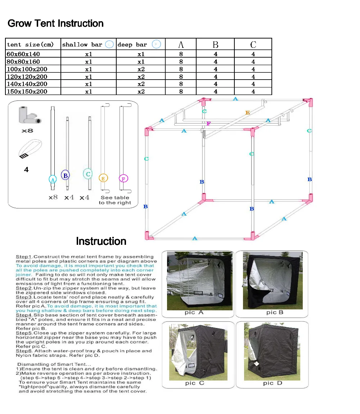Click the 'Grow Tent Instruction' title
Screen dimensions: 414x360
point(55,24)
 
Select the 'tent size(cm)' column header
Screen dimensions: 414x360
point(30,45)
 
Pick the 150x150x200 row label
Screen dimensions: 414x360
point(27,91)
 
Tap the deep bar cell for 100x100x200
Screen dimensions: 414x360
point(141,69)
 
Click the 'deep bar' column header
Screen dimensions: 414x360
point(132,45)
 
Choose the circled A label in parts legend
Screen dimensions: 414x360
point(53,179)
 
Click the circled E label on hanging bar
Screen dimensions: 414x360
point(103,177)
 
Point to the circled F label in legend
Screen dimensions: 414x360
point(123,178)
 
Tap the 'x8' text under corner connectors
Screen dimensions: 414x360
point(27,130)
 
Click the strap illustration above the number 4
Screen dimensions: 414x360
point(30,149)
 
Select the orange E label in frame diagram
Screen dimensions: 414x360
point(247,113)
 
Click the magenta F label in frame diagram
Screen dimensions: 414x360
point(208,123)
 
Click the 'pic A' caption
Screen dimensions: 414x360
point(194,312)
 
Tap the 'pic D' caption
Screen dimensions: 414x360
point(273,383)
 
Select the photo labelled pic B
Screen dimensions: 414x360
point(273,280)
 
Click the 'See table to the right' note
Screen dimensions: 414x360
point(115,200)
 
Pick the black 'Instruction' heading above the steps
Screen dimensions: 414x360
point(101,241)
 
